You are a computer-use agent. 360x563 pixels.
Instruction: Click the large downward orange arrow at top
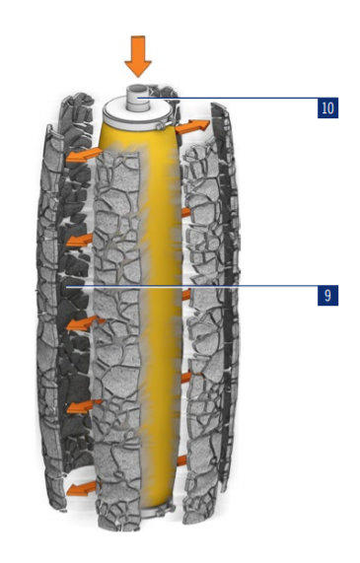[138, 56]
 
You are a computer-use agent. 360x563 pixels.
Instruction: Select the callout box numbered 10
[327, 107]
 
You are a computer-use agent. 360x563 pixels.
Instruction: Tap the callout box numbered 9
[327, 295]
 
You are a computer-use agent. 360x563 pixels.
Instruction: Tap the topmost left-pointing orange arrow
[84, 155]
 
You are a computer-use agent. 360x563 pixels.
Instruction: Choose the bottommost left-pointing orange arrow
[81, 488]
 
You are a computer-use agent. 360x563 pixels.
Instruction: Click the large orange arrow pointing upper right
[192, 126]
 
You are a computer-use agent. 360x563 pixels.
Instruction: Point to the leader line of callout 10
[229, 98]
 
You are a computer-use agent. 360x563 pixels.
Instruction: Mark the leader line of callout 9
[192, 286]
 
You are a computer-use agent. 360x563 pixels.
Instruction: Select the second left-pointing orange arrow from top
[80, 240]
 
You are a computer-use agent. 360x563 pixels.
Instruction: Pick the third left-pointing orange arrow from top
[86, 323]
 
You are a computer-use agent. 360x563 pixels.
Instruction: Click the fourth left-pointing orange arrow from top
[84, 406]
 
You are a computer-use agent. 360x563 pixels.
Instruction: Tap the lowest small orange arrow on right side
[181, 460]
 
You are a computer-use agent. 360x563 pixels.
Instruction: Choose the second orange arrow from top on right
[186, 212]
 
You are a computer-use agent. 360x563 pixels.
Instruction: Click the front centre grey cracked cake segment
[117, 337]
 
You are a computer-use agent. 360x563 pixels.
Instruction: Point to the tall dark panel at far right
[224, 295]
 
